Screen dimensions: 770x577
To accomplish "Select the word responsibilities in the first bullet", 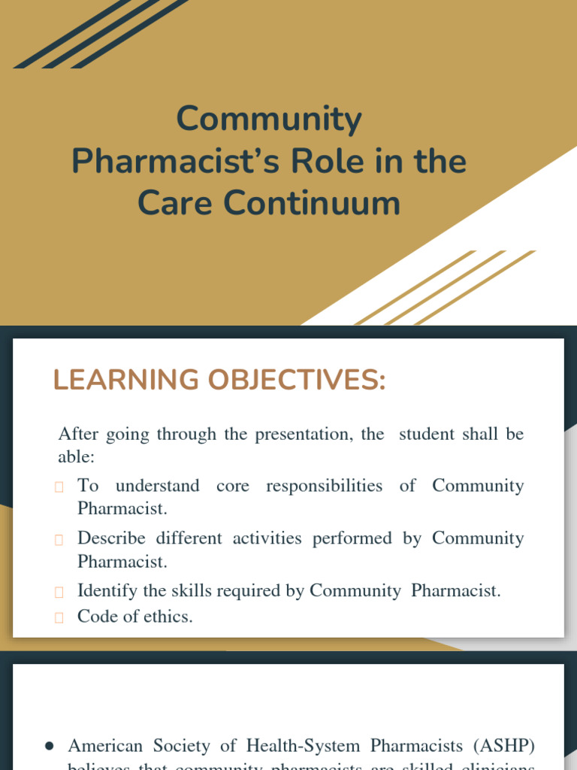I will pyautogui.click(x=324, y=486).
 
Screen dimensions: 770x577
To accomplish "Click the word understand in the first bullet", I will pyautogui.click(x=157, y=486).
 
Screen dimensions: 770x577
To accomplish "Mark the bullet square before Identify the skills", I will pyautogui.click(x=59, y=592).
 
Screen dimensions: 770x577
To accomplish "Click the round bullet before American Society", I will pyautogui.click(x=49, y=746).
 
